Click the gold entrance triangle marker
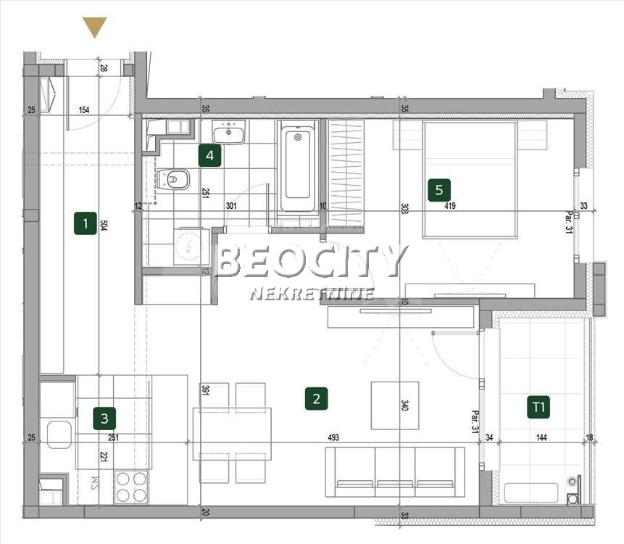[x=94, y=27]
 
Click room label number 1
[x=85, y=223]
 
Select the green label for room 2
[x=316, y=397]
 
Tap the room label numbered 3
[x=104, y=418]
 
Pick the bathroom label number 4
[x=209, y=154]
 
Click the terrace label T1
[x=538, y=408]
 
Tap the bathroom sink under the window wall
[x=228, y=132]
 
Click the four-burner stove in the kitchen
[x=132, y=486]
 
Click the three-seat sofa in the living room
[x=395, y=471]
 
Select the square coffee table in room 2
[x=395, y=405]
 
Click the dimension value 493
[x=333, y=438]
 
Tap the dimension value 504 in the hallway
[x=103, y=224]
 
